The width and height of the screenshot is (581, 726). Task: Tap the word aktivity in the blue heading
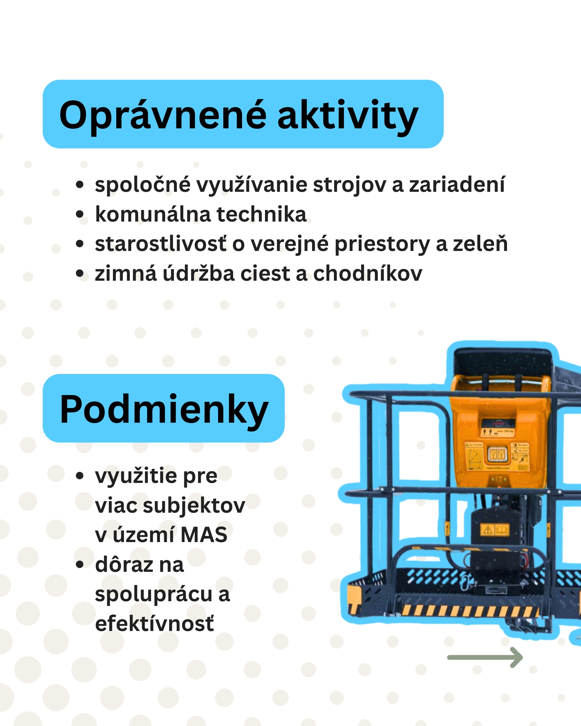pyautogui.click(x=348, y=116)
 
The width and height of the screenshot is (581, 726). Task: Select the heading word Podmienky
pyautogui.click(x=164, y=410)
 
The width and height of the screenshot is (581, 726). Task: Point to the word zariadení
pyautogui.click(x=457, y=185)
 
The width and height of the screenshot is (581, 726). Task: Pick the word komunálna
pyautogui.click(x=153, y=214)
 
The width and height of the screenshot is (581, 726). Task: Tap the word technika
pyautogui.click(x=261, y=214)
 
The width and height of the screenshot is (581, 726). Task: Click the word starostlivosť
pyautogui.click(x=161, y=244)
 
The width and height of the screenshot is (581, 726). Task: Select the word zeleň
pyautogui.click(x=480, y=244)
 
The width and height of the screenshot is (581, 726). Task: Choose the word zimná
pyautogui.click(x=126, y=274)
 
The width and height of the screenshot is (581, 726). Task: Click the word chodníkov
pyautogui.click(x=368, y=274)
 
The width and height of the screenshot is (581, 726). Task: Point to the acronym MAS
pyautogui.click(x=204, y=535)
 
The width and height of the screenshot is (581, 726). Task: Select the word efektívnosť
pyautogui.click(x=155, y=624)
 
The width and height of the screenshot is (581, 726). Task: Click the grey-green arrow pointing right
pyautogui.click(x=485, y=657)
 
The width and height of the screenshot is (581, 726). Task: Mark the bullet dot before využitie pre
pyautogui.click(x=80, y=476)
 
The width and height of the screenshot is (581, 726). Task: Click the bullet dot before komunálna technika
pyautogui.click(x=80, y=214)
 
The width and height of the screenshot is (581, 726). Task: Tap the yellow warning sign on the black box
pyautogui.click(x=488, y=530)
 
